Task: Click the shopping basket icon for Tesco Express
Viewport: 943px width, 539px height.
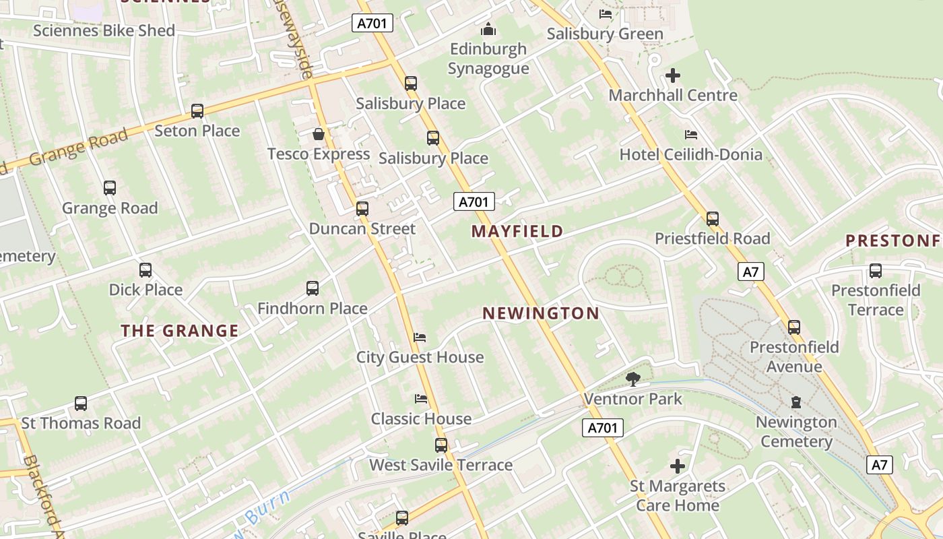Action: click(318, 134)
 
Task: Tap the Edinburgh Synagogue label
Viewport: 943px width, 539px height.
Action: click(488, 59)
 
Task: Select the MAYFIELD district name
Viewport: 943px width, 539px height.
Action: click(517, 231)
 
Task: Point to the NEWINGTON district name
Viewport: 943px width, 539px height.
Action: click(541, 313)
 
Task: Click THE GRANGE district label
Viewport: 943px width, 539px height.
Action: click(180, 330)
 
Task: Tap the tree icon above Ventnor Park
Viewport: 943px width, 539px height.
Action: click(632, 379)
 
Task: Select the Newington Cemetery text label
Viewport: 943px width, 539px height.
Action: click(795, 432)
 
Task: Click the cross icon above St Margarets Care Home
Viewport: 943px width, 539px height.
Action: click(677, 466)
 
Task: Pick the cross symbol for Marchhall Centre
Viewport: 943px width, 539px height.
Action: click(672, 75)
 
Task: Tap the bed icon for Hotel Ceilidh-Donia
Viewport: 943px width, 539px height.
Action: click(690, 135)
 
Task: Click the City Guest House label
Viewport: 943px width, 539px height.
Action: click(420, 357)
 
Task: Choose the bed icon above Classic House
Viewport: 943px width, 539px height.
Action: click(421, 399)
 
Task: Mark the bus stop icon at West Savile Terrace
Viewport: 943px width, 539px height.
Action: click(441, 445)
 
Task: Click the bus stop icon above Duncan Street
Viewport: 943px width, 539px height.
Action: click(362, 208)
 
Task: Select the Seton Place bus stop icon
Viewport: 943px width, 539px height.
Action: click(197, 110)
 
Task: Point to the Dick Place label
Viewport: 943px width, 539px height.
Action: click(145, 290)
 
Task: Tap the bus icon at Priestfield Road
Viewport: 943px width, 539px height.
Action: click(712, 218)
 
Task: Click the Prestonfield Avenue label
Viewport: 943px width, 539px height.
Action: click(794, 356)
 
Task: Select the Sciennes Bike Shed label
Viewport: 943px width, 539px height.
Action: click(104, 30)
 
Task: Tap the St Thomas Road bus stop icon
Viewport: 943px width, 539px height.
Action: click(81, 403)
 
